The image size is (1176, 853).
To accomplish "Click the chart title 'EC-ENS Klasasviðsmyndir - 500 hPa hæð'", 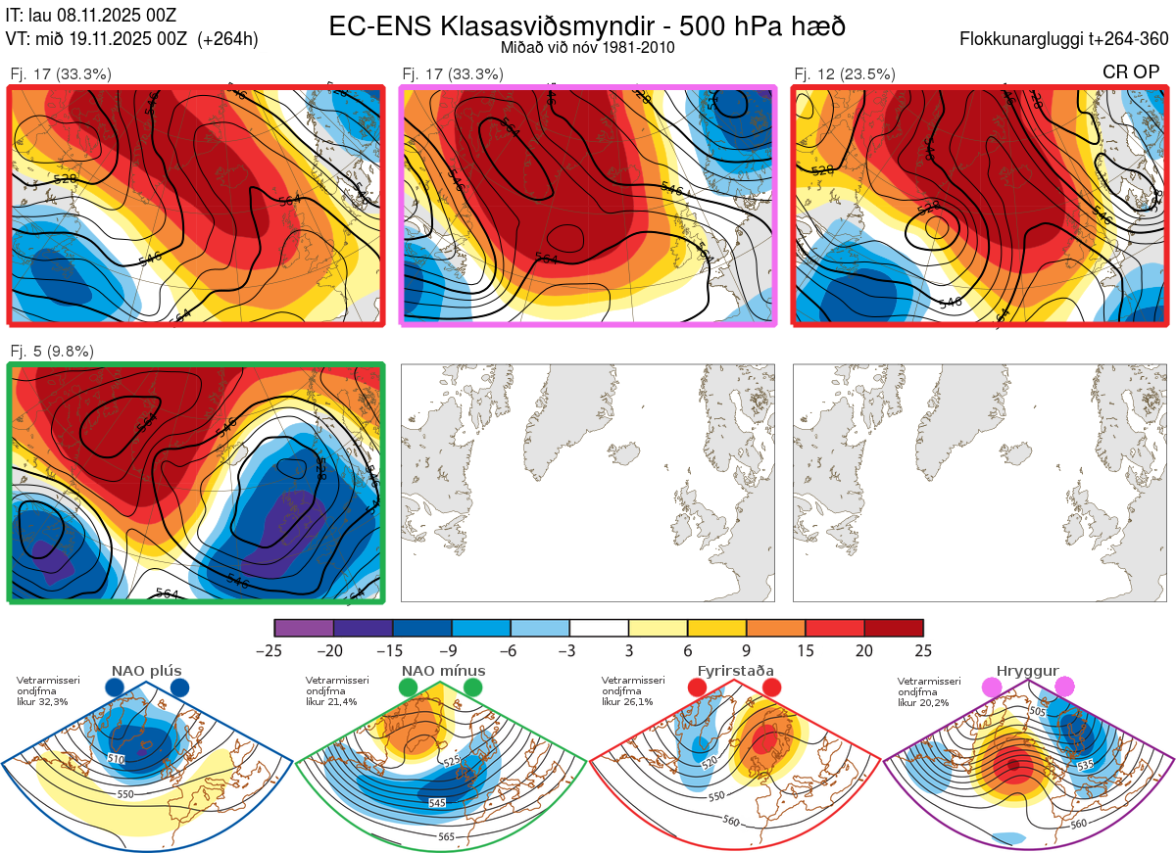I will [x=587, y=26].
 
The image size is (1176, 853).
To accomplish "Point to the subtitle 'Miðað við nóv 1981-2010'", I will [x=587, y=47].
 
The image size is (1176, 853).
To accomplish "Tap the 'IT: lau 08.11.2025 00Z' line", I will [x=90, y=16].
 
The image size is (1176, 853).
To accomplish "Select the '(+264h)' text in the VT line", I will [x=228, y=39].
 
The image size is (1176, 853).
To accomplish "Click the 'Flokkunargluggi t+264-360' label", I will [x=1066, y=39].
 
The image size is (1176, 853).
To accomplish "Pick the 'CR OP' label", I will [x=1130, y=72].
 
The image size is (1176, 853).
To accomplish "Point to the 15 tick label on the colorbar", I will [x=806, y=650].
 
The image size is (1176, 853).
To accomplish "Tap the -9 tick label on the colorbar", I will [x=452, y=650].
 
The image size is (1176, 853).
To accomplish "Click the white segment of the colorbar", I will [x=599, y=628].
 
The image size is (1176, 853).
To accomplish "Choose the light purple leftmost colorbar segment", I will [x=304, y=628].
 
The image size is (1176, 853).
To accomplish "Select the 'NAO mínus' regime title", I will [x=443, y=671].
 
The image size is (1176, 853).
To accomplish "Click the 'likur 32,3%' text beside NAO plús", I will [x=43, y=701].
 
